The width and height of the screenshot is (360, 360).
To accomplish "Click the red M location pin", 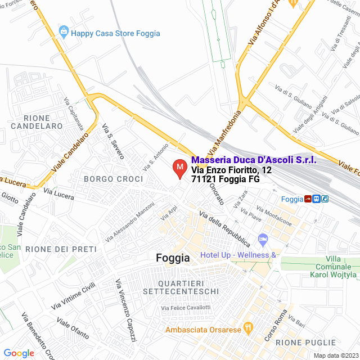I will [x=179, y=168].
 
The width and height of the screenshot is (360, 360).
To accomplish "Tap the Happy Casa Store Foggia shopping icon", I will [x=64, y=33].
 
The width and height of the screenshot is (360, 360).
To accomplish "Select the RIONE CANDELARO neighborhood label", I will [x=43, y=122].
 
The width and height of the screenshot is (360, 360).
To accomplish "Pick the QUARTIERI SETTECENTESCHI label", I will [x=177, y=287].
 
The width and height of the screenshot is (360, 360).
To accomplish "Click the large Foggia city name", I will [x=172, y=258].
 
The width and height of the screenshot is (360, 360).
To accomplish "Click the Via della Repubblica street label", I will [x=224, y=230].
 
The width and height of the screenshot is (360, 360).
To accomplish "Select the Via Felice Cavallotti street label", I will [x=186, y=308].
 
